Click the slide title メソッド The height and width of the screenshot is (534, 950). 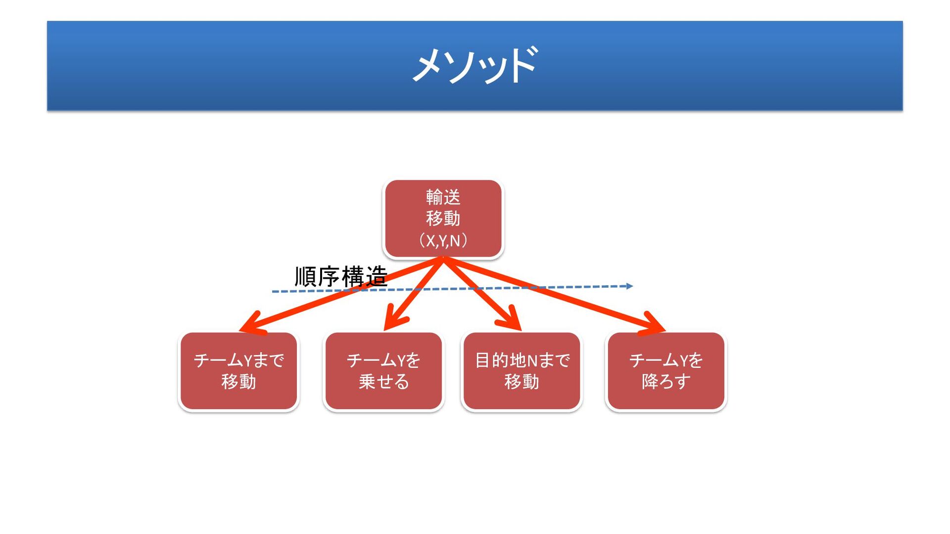[475, 65]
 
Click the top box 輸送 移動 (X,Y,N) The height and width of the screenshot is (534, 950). [443, 219]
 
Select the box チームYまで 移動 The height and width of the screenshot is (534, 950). [238, 371]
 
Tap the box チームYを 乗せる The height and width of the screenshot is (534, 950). [383, 371]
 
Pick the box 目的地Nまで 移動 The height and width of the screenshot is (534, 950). [522, 371]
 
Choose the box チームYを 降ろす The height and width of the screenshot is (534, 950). [666, 371]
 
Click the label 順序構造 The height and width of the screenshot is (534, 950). [341, 277]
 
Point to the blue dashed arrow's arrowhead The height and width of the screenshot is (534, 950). [629, 286]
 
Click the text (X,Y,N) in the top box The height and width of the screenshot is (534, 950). [443, 241]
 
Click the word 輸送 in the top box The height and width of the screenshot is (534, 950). [443, 197]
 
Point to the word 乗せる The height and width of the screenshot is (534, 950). [383, 382]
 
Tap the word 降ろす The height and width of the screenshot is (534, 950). [666, 382]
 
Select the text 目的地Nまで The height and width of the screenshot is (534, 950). [522, 360]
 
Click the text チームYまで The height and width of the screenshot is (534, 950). [238, 360]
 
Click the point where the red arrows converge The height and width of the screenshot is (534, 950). [443, 259]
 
